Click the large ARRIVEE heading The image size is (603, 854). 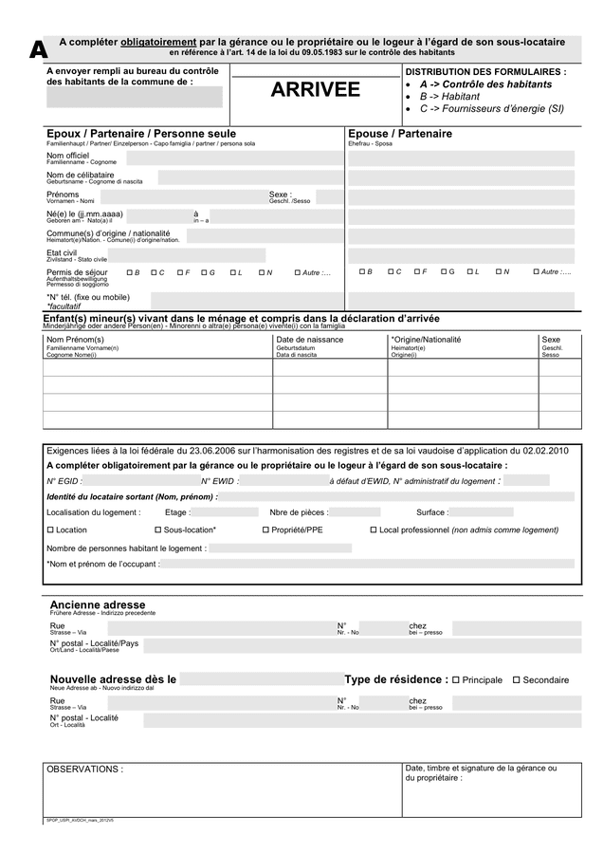pos(316,90)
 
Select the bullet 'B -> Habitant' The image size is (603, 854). pos(449,97)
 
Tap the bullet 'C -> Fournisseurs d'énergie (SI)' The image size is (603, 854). pos(491,109)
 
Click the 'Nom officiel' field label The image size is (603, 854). pos(68,155)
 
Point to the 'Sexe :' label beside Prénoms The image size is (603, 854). pos(281,195)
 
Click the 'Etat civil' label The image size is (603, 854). pos(62,253)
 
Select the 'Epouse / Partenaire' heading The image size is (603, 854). pos(400,134)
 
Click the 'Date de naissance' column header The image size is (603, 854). pos(310,340)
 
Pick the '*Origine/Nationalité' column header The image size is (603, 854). pos(426,340)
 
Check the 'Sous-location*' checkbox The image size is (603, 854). pos(158,530)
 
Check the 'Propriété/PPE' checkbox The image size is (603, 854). pos(265,530)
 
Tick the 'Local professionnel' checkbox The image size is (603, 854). pos(374,530)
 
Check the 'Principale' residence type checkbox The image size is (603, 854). pos(457,679)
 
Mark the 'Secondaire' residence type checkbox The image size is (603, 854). pos(517,679)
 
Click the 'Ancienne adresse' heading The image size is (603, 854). pos(98,604)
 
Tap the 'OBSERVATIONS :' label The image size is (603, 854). pos(85,770)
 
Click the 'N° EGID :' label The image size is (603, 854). pos(64,481)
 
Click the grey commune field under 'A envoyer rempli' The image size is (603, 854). pos(135,97)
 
